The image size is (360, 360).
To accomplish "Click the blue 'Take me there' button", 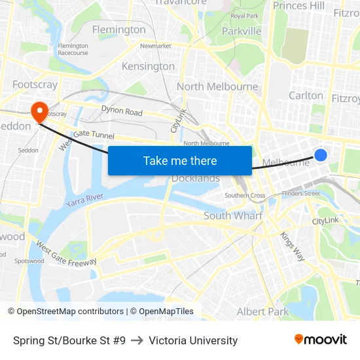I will coord(180,160).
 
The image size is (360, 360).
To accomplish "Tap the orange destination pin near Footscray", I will coord(39,111).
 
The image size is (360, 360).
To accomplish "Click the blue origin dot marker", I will coord(321,155).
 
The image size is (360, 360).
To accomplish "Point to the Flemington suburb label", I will coord(119,29).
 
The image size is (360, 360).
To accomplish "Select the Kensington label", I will coord(148,66).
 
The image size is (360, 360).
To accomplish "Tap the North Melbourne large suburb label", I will coord(217,86).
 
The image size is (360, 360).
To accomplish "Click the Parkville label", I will coord(242,31).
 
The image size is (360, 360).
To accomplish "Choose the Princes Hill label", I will coord(298,6).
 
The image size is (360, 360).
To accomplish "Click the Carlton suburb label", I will coord(306,96).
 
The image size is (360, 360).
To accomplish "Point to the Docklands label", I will coord(196,178).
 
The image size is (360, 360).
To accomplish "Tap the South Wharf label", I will coord(233,215).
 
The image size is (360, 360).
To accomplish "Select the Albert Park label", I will coord(262,312).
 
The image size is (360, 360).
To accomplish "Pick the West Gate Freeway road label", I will coord(66,256).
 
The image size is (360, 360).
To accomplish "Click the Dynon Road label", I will coord(122,111).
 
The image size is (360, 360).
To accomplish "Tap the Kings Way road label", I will coord(293,247).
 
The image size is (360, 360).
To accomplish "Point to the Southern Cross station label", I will coord(245,195).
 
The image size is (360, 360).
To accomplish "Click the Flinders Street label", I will coord(301,193).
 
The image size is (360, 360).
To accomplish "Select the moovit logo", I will coord(321,340).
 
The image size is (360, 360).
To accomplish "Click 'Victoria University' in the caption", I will coord(193,340).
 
